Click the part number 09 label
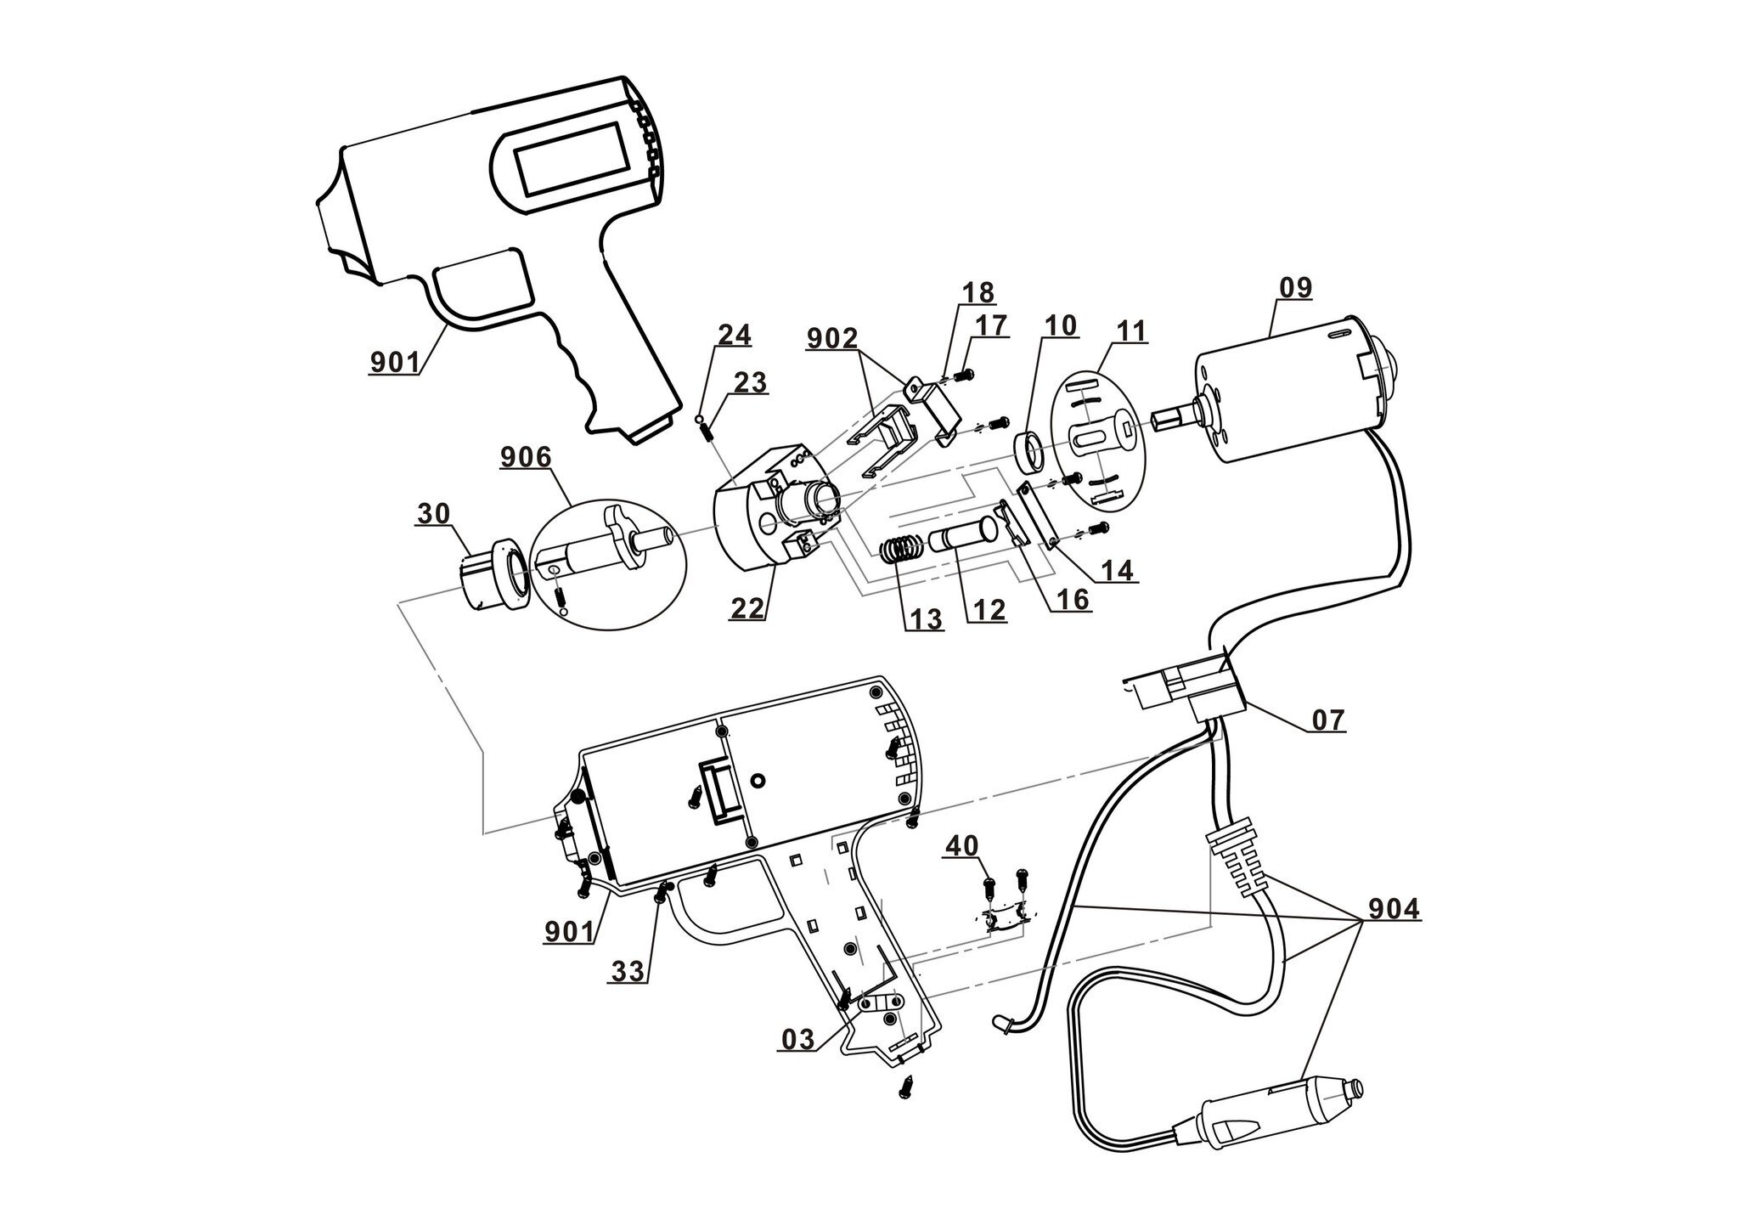pos(1295,288)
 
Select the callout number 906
pos(525,459)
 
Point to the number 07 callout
pos(1329,720)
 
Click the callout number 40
pos(962,845)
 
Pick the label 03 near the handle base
pos(797,1038)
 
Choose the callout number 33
pos(628,971)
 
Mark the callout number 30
pos(433,514)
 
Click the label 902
pos(832,338)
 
